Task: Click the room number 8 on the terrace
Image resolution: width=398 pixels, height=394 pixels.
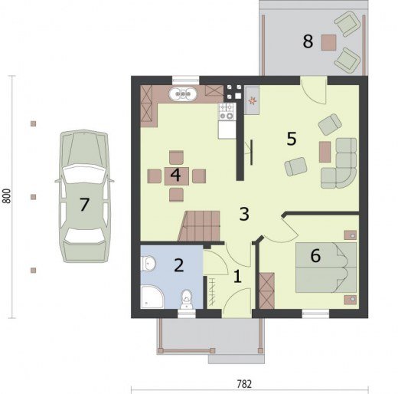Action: pyautogui.click(x=308, y=41)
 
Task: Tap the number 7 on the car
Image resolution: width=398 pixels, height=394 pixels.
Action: pyautogui.click(x=84, y=205)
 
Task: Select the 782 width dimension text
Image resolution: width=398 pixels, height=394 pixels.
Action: pyautogui.click(x=244, y=384)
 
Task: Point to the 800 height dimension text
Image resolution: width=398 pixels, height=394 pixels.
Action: pyautogui.click(x=7, y=196)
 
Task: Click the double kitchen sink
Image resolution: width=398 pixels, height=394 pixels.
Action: pyautogui.click(x=183, y=94)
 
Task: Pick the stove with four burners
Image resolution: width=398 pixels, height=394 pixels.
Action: pyautogui.click(x=227, y=111)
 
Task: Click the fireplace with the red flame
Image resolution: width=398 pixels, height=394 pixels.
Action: pyautogui.click(x=252, y=100)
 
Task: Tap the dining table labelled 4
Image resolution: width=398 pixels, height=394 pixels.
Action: pyautogui.click(x=177, y=176)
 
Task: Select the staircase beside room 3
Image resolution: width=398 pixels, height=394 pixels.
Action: pyautogui.click(x=200, y=226)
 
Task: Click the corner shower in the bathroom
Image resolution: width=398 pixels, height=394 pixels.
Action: pyautogui.click(x=152, y=297)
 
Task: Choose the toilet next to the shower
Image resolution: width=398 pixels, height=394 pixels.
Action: pyautogui.click(x=187, y=299)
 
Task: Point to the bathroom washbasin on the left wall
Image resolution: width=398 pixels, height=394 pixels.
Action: pyautogui.click(x=148, y=264)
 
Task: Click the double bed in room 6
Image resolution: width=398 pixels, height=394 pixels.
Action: pyautogui.click(x=326, y=268)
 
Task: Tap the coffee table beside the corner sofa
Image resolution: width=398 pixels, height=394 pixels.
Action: pyautogui.click(x=325, y=152)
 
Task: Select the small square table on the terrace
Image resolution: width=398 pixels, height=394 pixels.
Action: pyautogui.click(x=328, y=42)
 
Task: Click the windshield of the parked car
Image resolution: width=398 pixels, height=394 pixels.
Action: pyautogui.click(x=84, y=174)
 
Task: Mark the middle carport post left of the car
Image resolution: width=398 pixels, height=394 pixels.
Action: pyautogui.click(x=33, y=197)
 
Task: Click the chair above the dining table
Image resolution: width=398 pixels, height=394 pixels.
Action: pyautogui.click(x=176, y=158)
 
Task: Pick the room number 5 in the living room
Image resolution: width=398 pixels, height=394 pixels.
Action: pyautogui.click(x=292, y=139)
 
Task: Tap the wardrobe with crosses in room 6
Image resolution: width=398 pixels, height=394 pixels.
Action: pyautogui.click(x=267, y=291)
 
